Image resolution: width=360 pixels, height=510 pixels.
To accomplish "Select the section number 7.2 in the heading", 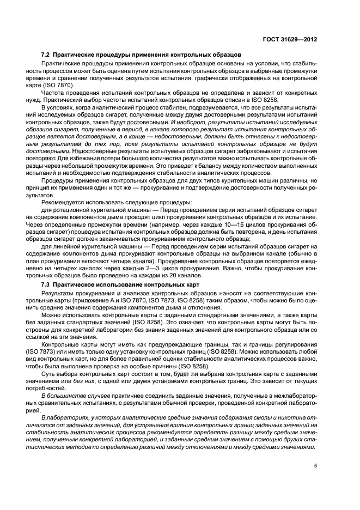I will tap(46, 56).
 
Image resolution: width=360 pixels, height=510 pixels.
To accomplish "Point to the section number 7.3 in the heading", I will tap(46, 285).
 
